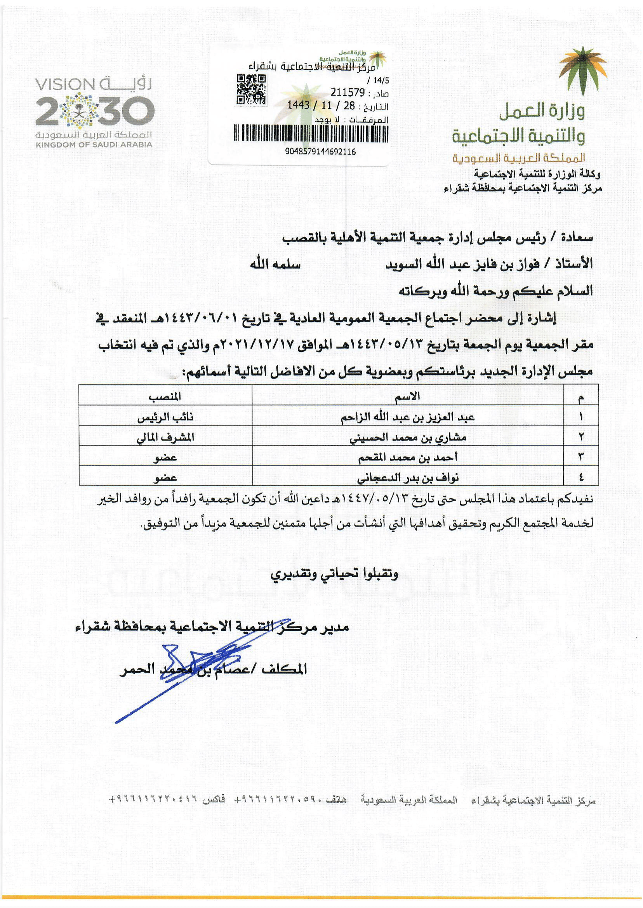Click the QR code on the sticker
[251, 90]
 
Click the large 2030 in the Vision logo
[94, 110]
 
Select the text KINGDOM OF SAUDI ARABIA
[94, 145]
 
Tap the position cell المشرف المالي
[165, 437]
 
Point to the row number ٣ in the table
[581, 458]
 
